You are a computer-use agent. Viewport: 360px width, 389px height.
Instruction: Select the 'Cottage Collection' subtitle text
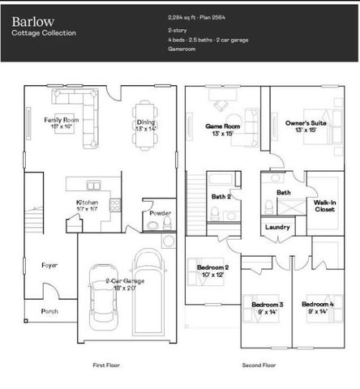tap(44, 33)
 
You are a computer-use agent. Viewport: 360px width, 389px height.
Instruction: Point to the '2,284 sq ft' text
tap(183, 16)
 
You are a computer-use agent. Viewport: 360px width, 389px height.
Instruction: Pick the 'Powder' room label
tap(160, 214)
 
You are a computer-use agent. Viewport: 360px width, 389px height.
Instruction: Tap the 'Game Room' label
tap(222, 126)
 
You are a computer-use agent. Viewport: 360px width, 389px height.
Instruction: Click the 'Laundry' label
tap(277, 228)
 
